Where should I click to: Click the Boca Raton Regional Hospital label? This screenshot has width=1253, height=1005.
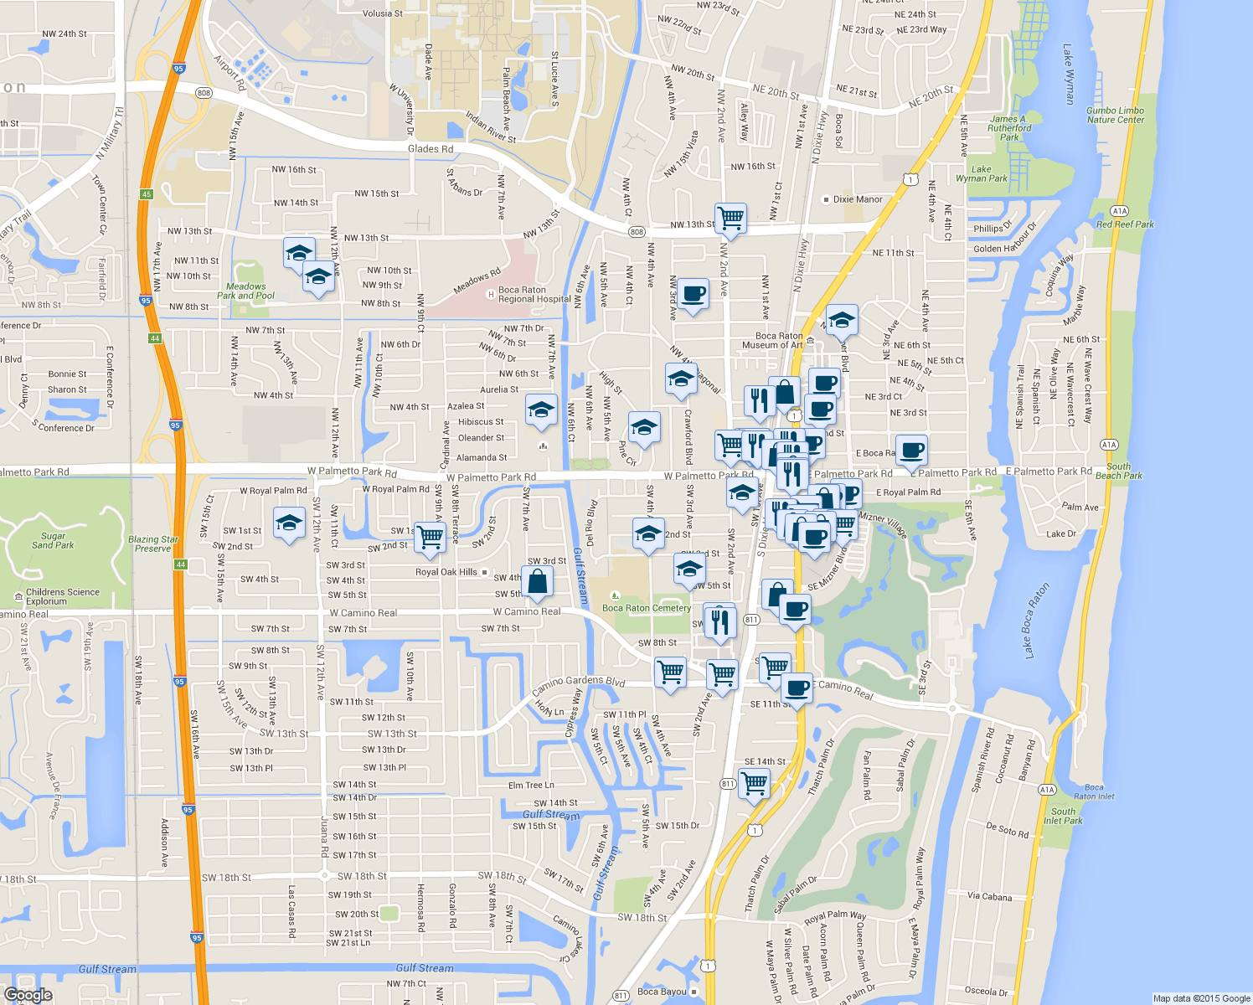point(534,295)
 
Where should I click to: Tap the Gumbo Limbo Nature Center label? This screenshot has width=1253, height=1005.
point(1115,115)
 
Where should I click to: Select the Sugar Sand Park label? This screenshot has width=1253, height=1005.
point(53,540)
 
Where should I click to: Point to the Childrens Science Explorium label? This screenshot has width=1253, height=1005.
point(63,596)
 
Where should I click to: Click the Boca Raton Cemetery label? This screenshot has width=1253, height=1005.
point(646,608)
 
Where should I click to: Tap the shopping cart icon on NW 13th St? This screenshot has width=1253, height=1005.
point(731,218)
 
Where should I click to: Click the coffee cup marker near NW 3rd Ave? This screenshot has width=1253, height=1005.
point(693,294)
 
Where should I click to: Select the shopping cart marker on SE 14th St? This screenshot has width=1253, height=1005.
point(755,784)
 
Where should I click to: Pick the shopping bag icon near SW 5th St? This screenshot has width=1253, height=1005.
point(538,581)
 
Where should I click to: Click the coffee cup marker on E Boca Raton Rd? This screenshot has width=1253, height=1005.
point(911,451)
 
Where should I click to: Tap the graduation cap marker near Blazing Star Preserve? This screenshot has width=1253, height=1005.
point(289,524)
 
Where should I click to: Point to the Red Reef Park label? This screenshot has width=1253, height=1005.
point(1125,224)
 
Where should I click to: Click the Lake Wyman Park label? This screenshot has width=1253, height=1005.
point(982,173)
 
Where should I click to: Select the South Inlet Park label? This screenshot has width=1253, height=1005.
point(1063,816)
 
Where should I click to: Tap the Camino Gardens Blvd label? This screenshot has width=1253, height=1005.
point(579,684)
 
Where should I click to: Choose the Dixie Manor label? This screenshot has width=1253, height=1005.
point(857,199)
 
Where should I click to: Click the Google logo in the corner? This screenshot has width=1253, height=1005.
point(28,994)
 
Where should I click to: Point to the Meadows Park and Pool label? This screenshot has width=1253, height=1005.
point(245,291)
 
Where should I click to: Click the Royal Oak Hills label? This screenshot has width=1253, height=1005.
point(446,572)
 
